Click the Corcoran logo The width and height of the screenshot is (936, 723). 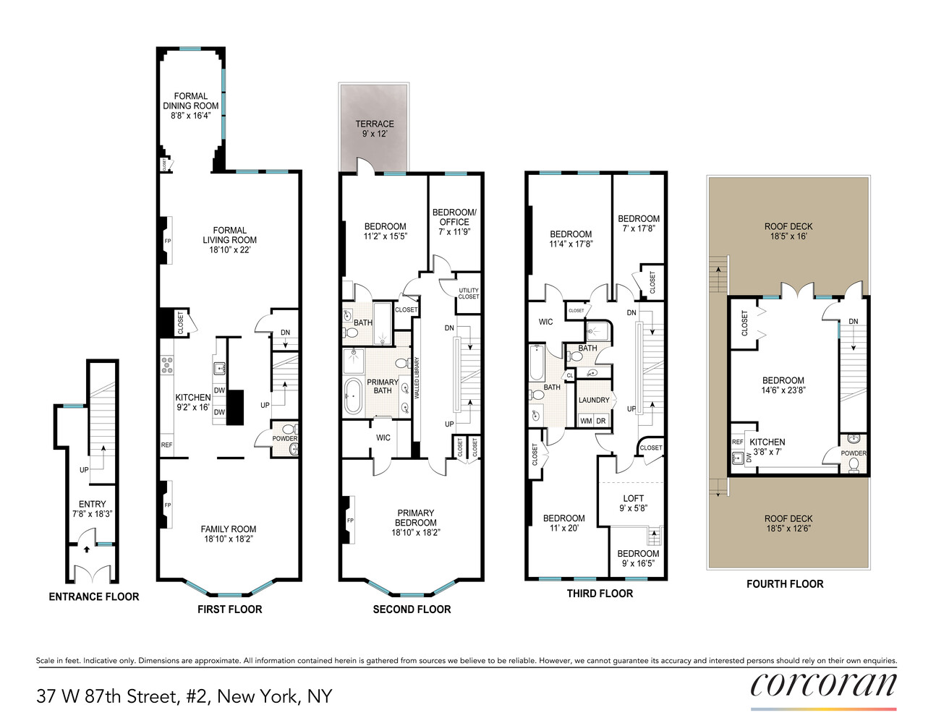point(823,685)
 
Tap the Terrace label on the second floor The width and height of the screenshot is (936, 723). point(375,124)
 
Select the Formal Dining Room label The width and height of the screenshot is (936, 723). point(190,100)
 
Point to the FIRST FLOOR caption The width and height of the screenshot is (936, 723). point(229,609)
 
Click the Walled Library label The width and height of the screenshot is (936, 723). point(417,377)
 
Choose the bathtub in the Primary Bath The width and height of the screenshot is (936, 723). point(353,395)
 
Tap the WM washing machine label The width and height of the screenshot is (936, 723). point(586,421)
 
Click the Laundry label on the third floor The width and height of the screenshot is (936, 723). point(594,400)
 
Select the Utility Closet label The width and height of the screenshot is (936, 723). point(468,294)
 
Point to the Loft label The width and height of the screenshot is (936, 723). point(633,498)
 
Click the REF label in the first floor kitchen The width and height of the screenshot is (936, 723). point(166,445)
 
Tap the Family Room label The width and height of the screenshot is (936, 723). point(229,529)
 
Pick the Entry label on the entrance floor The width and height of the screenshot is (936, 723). point(92,504)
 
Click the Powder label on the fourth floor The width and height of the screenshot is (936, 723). point(854,453)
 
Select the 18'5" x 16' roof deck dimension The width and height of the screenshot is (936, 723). point(788,236)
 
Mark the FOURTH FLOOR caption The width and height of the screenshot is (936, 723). point(785,584)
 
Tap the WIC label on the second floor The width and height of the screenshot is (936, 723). point(383,437)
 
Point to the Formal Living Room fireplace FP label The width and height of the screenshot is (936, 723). point(168,241)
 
